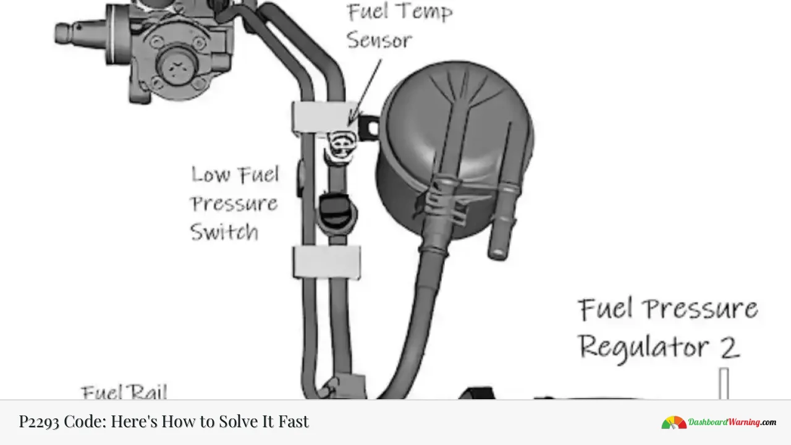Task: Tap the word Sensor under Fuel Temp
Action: click(x=379, y=40)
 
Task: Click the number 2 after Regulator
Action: click(x=730, y=347)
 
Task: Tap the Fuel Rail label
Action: click(x=124, y=392)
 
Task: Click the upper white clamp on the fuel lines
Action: click(x=321, y=117)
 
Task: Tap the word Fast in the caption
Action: click(x=292, y=422)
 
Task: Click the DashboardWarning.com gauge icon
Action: click(x=674, y=423)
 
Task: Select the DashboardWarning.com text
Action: click(x=732, y=423)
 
